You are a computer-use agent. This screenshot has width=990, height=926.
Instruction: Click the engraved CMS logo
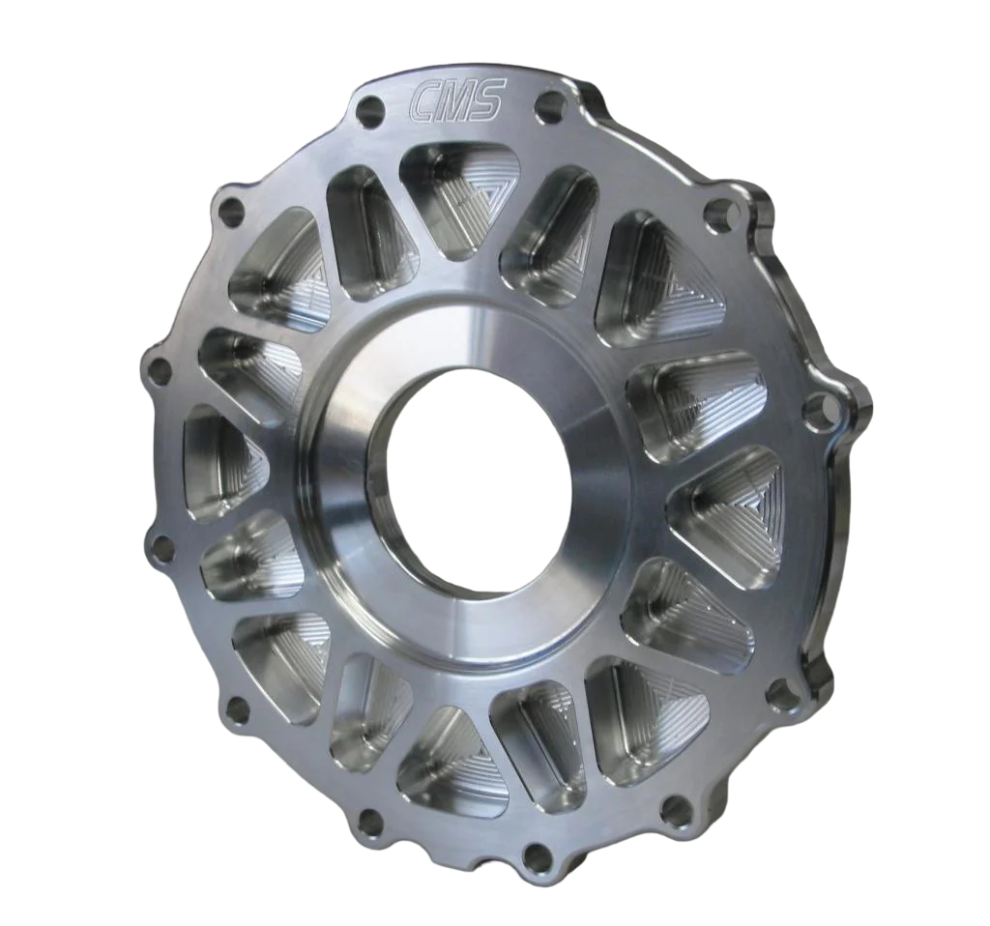[456, 101]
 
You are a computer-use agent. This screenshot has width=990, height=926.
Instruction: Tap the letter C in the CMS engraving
[424, 101]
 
